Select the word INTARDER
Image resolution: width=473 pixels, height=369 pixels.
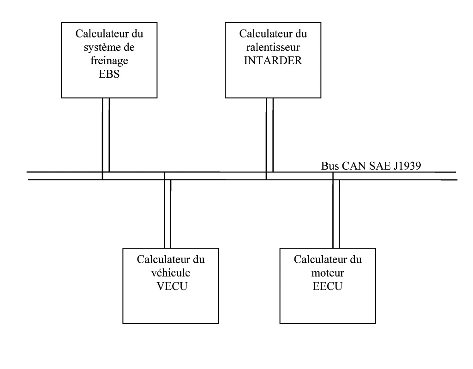point(273,61)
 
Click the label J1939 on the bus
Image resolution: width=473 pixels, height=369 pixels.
point(409,165)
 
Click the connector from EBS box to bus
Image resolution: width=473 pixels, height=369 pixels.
point(106,134)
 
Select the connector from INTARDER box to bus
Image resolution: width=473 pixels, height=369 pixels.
point(269,134)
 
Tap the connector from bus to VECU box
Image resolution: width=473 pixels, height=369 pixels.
point(168,213)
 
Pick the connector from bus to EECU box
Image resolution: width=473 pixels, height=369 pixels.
point(336,213)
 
